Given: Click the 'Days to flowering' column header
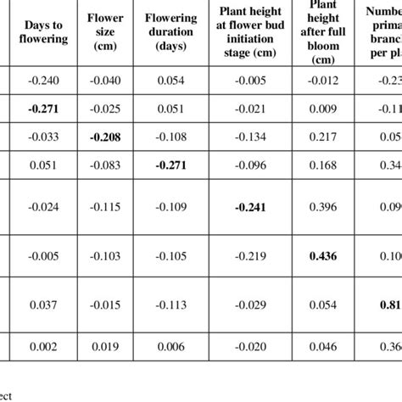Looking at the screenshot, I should (40, 33).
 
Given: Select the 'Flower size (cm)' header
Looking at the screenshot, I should (104, 33).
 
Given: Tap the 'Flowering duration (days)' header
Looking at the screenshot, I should (170, 33).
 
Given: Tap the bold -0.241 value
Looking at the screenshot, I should (245, 207).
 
